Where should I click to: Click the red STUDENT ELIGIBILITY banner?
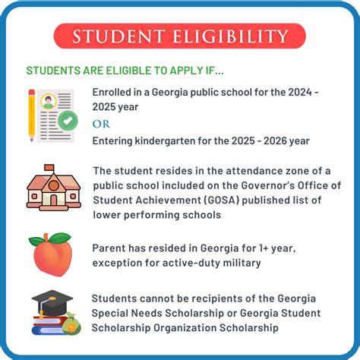[180, 36]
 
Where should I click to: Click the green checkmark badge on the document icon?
[68, 120]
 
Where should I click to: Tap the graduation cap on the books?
[51, 299]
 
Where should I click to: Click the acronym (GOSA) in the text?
[221, 201]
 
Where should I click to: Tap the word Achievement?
[168, 201]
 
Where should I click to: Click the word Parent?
[109, 248]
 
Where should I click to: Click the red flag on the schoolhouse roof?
[50, 166]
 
